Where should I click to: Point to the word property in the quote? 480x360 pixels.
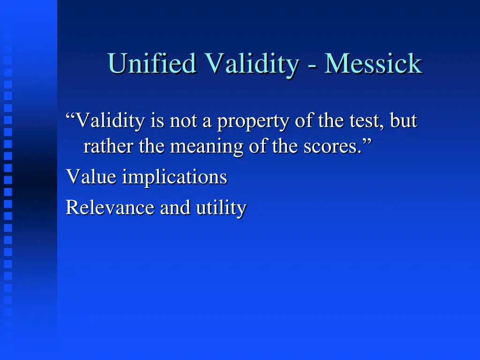(254, 121)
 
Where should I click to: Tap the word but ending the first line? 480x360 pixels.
(403, 121)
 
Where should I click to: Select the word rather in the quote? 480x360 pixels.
(109, 147)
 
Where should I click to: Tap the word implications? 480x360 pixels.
(174, 178)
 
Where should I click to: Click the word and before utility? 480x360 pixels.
(175, 207)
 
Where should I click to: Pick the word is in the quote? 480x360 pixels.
(157, 121)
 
